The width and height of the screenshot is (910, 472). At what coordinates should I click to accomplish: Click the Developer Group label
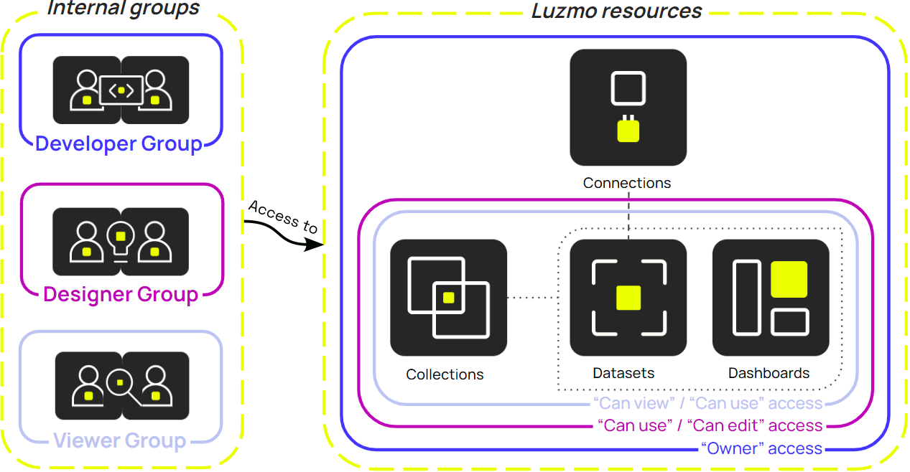pyautogui.click(x=119, y=143)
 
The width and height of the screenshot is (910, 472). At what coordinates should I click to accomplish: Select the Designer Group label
pyautogui.click(x=121, y=294)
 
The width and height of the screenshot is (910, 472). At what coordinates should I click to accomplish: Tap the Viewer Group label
pyautogui.click(x=119, y=440)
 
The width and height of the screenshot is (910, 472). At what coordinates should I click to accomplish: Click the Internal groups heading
pyautogui.click(x=123, y=9)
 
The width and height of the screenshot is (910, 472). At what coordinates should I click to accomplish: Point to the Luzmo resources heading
pyautogui.click(x=616, y=11)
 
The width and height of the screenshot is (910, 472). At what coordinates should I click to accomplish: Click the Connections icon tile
pyautogui.click(x=628, y=108)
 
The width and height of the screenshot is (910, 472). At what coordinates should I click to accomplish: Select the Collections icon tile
pyautogui.click(x=448, y=298)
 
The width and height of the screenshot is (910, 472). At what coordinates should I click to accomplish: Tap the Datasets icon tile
pyautogui.click(x=628, y=298)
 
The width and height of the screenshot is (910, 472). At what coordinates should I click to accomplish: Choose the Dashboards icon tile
pyautogui.click(x=771, y=298)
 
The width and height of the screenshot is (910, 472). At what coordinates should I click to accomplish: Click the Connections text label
pyautogui.click(x=627, y=183)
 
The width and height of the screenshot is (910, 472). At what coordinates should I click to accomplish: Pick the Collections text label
pyautogui.click(x=445, y=374)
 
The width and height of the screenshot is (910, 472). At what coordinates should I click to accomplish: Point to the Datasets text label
pyautogui.click(x=623, y=373)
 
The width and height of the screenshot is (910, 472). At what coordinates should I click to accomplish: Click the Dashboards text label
pyautogui.click(x=769, y=373)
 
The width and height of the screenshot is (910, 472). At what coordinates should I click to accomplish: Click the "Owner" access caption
pyautogui.click(x=761, y=449)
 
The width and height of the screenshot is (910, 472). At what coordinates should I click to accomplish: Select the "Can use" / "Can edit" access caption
pyautogui.click(x=710, y=425)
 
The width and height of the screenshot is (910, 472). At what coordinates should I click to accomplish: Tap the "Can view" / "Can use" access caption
pyautogui.click(x=707, y=403)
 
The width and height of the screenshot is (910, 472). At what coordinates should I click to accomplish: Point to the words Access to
pyautogui.click(x=282, y=216)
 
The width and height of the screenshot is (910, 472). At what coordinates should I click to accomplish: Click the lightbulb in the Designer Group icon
pyautogui.click(x=121, y=237)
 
